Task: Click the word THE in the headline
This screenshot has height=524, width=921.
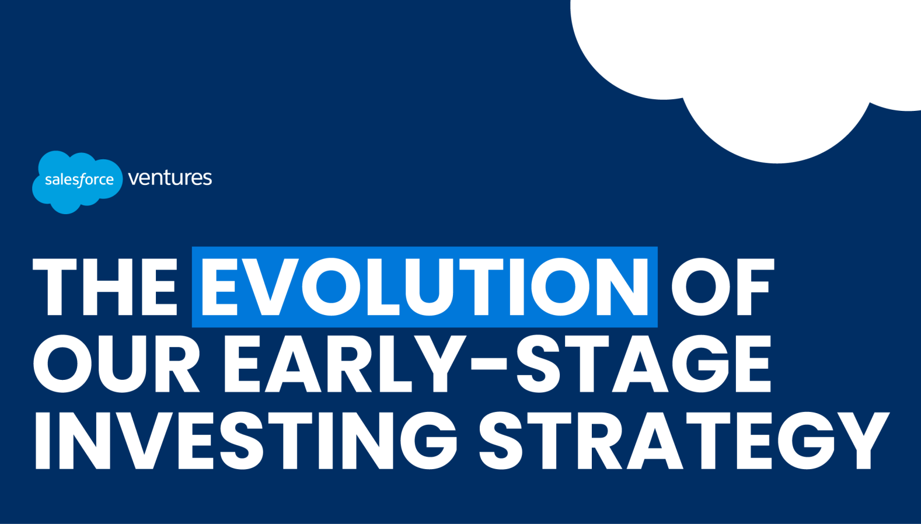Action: tap(105, 287)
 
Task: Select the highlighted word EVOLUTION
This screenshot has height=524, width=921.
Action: tap(425, 287)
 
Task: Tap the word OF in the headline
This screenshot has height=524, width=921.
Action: tap(723, 287)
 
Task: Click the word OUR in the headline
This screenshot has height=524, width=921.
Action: tap(117, 364)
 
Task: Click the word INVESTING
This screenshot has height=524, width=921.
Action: tap(246, 440)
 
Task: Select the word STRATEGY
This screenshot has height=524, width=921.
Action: tap(684, 440)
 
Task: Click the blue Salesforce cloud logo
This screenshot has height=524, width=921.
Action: tap(77, 181)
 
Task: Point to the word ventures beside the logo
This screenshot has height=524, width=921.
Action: tap(170, 179)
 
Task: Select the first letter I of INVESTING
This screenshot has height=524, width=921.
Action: tap(43, 440)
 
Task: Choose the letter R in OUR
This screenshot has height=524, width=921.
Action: tap(177, 364)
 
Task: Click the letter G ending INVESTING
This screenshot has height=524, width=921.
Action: tap(429, 440)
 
